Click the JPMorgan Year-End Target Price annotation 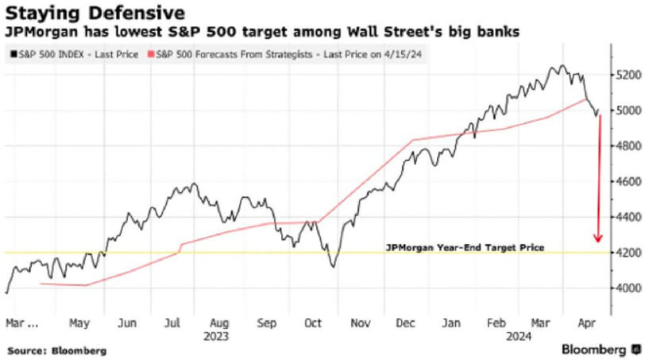coord(465,247)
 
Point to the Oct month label coord(314,323)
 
